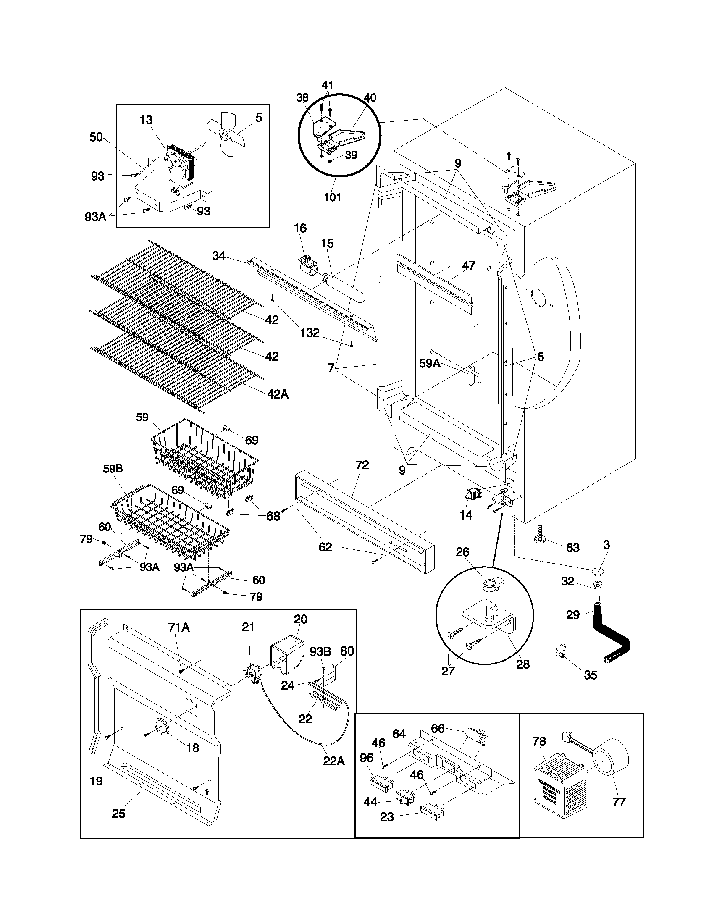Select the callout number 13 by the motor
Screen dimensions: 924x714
coord(146,120)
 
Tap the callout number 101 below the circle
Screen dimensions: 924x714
coord(333,197)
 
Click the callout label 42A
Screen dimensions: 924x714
coord(278,394)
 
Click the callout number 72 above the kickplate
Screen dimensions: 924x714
coord(362,465)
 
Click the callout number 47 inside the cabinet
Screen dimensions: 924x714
coord(469,266)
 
